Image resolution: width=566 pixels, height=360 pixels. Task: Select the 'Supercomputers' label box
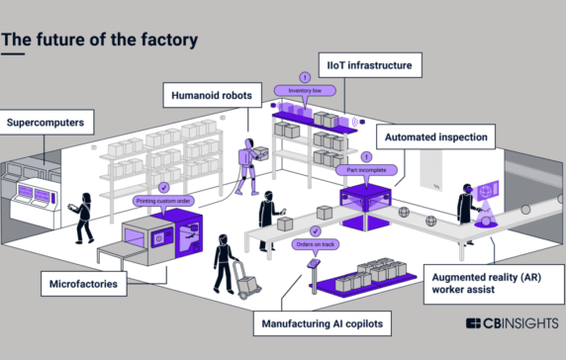click(x=47, y=124)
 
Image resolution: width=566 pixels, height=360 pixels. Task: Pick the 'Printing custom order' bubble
click(x=163, y=201)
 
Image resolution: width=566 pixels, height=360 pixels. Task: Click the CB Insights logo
click(x=512, y=325)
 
